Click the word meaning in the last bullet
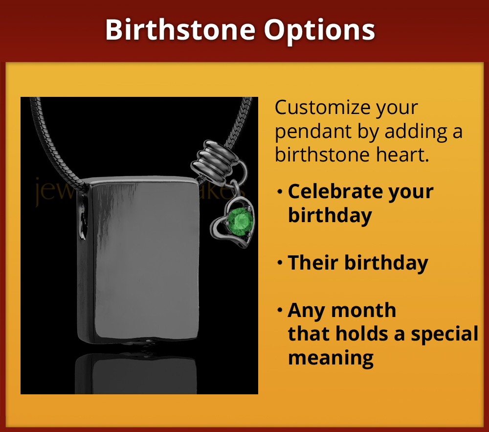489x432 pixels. tap(331, 358)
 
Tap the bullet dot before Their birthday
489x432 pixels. tap(280, 263)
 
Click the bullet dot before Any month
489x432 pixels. tap(280, 310)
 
